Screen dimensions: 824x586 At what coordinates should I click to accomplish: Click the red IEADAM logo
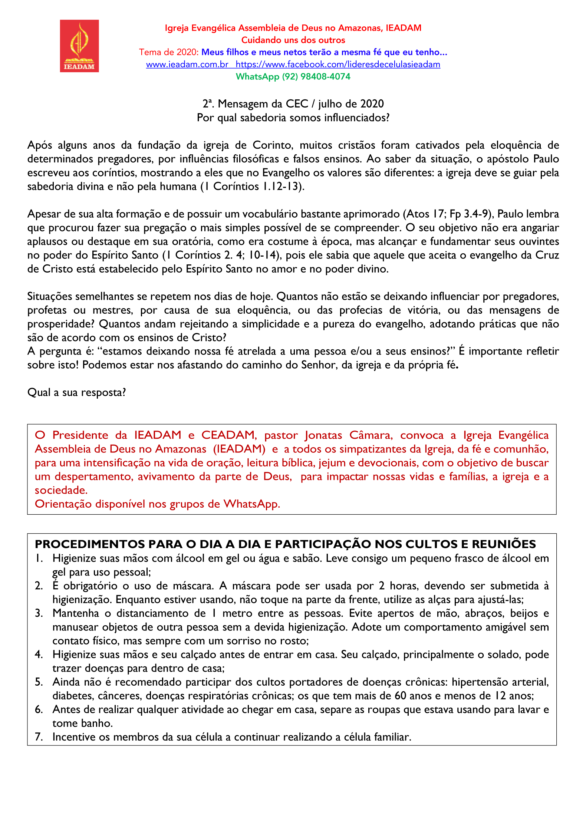[79, 46]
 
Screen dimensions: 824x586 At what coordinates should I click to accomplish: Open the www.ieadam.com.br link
[187, 65]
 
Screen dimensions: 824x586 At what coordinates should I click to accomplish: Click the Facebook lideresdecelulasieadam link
[338, 65]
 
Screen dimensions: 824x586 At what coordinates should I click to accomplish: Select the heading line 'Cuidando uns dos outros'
[293, 40]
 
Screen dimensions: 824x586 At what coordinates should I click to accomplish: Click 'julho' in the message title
[332, 104]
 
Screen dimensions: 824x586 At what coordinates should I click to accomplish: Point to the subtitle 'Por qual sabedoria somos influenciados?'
[293, 118]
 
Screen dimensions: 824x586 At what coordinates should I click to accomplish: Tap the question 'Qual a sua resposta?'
[77, 392]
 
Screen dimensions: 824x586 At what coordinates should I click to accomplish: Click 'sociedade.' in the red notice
[61, 490]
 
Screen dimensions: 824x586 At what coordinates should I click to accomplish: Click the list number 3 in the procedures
[39, 613]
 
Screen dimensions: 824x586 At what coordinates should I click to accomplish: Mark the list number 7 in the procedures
[39, 737]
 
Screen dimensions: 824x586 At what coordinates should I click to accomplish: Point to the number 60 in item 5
[401, 696]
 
